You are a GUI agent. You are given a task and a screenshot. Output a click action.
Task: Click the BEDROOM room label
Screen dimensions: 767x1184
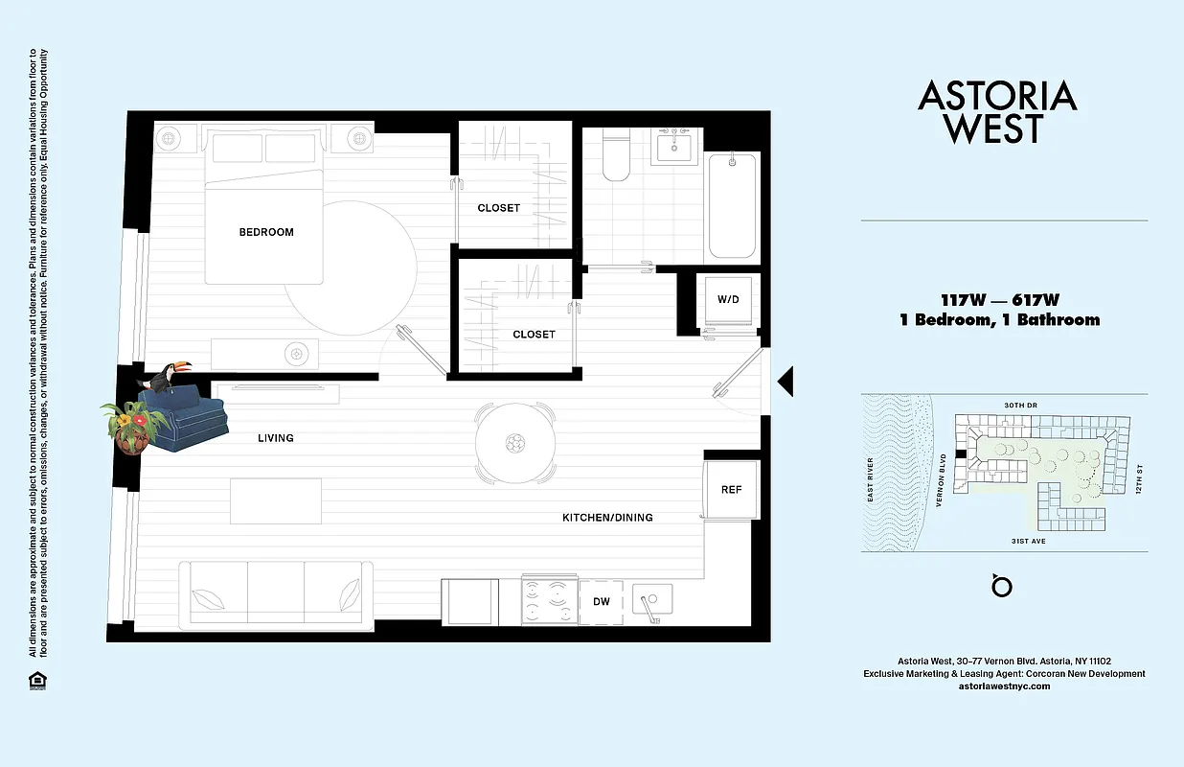click(266, 232)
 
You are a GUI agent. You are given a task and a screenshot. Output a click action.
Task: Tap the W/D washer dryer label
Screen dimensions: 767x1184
click(728, 299)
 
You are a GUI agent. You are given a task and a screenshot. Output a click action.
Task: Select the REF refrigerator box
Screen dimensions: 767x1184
click(731, 490)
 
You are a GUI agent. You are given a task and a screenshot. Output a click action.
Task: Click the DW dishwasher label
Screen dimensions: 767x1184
click(602, 602)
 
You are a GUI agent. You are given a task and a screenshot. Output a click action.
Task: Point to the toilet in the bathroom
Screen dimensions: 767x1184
click(615, 159)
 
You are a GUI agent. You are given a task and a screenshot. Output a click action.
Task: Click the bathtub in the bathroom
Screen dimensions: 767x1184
click(732, 205)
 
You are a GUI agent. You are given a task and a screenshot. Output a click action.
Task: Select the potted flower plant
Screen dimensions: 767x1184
click(132, 425)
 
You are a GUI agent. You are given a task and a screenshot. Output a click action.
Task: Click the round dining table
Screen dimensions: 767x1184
click(516, 443)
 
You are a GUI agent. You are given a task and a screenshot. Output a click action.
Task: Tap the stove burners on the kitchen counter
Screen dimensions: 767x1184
click(549, 600)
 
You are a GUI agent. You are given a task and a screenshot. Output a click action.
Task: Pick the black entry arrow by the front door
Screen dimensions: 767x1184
click(785, 382)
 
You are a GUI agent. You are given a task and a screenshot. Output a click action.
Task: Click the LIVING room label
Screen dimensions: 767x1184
click(275, 438)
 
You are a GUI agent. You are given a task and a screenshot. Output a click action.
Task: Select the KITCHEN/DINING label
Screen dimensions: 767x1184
click(607, 518)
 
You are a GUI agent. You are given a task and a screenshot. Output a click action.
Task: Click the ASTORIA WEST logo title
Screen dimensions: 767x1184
click(997, 112)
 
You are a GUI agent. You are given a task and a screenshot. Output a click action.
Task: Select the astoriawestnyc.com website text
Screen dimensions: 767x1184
click(1004, 686)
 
